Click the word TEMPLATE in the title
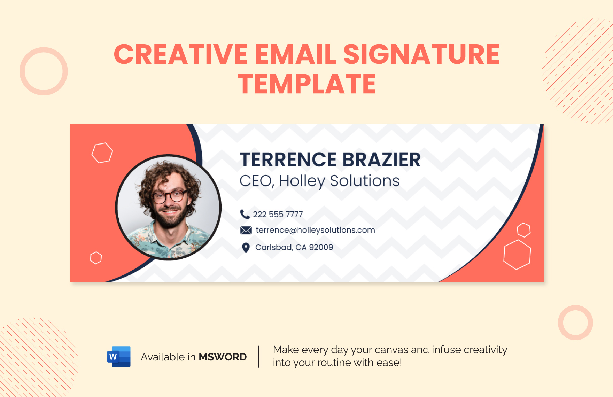pyautogui.click(x=306, y=84)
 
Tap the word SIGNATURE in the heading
pyautogui.click(x=421, y=54)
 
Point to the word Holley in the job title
pyautogui.click(x=302, y=181)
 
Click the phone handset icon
pyautogui.click(x=245, y=214)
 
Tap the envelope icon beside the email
pyautogui.click(x=246, y=230)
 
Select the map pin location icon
pyautogui.click(x=246, y=248)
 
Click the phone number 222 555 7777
pyautogui.click(x=278, y=215)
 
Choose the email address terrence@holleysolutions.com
pyautogui.click(x=315, y=230)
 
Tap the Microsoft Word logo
pyautogui.click(x=119, y=357)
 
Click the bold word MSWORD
pyautogui.click(x=223, y=357)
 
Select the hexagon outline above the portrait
pyautogui.click(x=102, y=153)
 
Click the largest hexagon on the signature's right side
pyautogui.click(x=517, y=255)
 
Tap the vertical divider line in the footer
pyautogui.click(x=259, y=356)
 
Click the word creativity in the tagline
pyautogui.click(x=486, y=350)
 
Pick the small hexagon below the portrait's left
pyautogui.click(x=96, y=258)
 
